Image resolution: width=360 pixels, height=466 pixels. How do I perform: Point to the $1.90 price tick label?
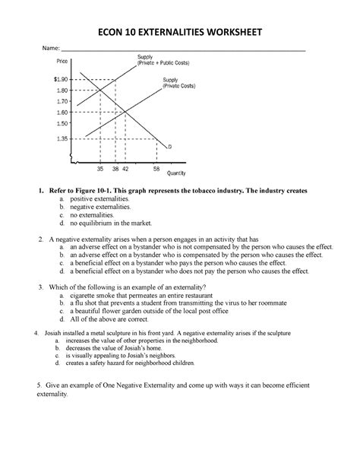click(x=61, y=79)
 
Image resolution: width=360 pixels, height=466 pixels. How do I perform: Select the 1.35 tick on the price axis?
click(x=62, y=138)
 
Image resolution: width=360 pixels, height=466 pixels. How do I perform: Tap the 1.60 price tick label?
click(x=62, y=111)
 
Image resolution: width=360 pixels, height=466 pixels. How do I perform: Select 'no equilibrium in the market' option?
click(x=111, y=224)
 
